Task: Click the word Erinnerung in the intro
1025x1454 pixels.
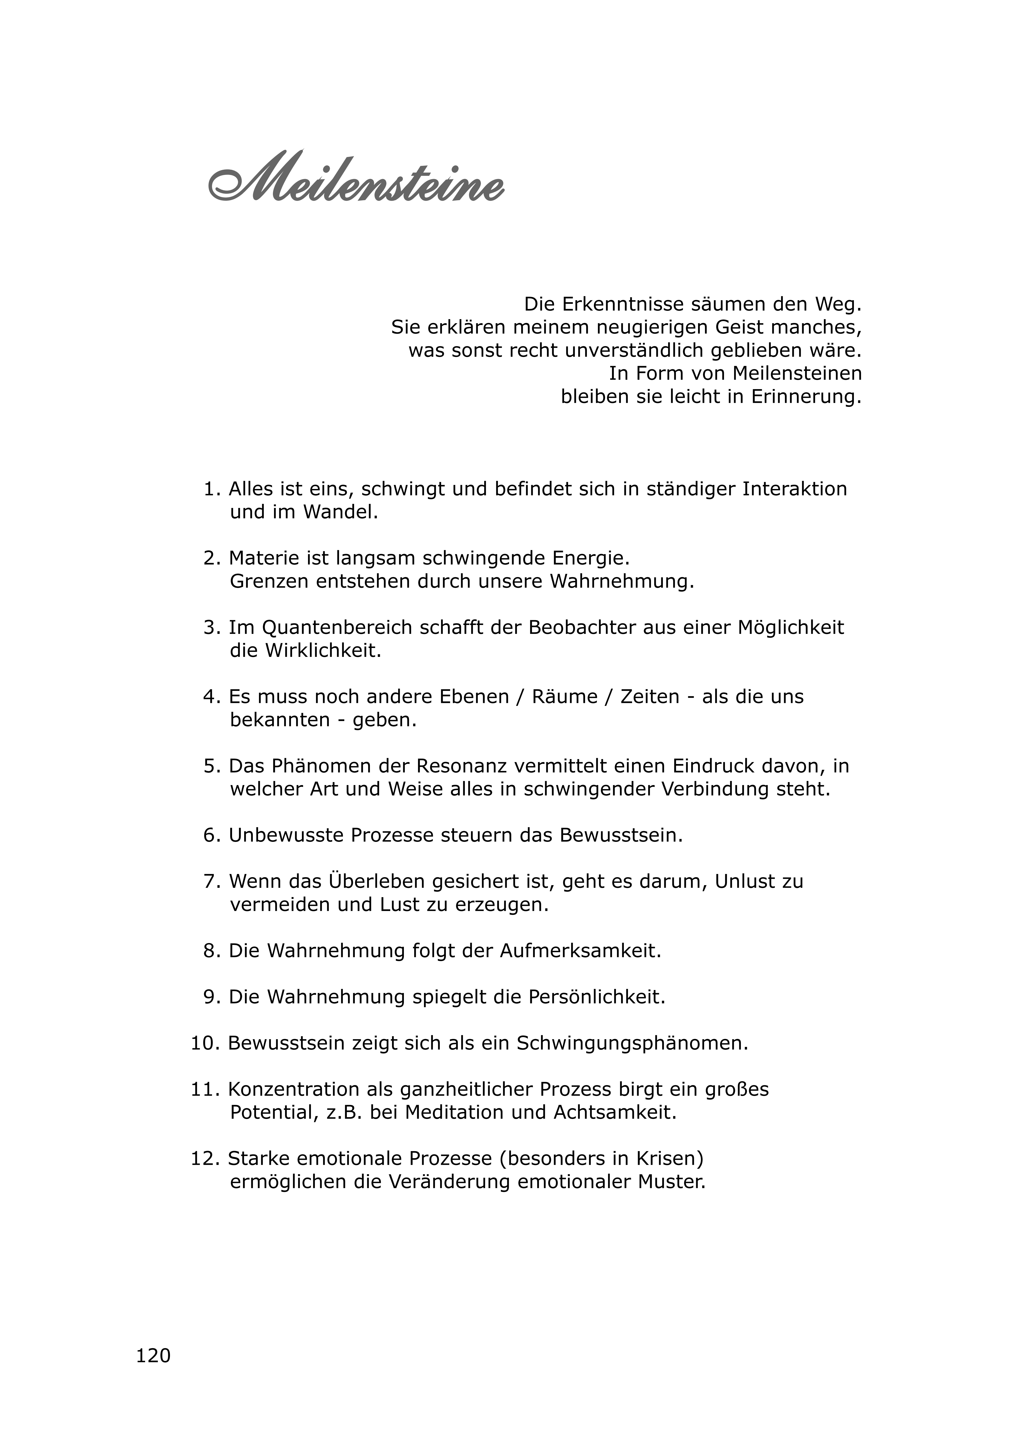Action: [806, 397]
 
